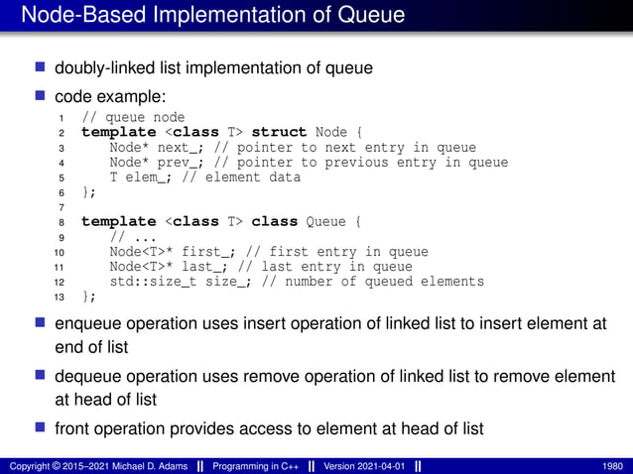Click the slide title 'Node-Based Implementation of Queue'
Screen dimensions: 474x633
click(x=212, y=16)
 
